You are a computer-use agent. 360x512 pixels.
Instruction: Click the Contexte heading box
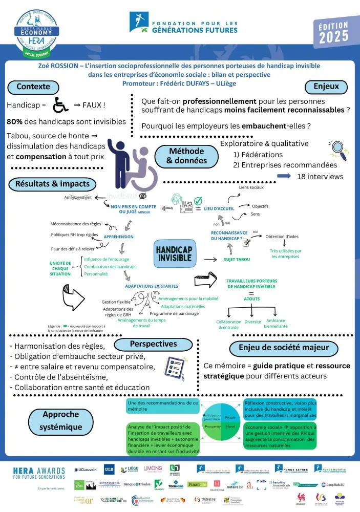(33, 87)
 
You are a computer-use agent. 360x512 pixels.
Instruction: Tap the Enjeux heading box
(326, 87)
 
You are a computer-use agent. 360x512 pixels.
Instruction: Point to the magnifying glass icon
(338, 149)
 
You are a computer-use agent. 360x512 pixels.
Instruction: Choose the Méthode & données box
(187, 156)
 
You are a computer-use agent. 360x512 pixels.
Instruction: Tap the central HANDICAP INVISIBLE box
(175, 253)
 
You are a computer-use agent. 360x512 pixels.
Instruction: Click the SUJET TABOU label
(237, 260)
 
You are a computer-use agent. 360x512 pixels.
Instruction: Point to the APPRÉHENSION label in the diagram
(118, 237)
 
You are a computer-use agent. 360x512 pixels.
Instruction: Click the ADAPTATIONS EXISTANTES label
(152, 286)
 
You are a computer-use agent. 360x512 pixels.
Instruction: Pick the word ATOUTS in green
(251, 298)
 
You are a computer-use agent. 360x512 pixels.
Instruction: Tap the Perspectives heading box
(153, 344)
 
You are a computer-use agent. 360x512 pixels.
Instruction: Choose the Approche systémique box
(60, 420)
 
